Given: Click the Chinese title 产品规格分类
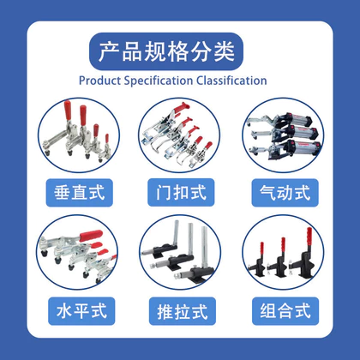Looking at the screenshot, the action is coord(166,51).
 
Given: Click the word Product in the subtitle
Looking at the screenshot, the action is coord(99,81).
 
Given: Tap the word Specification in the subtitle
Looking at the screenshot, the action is coord(159,81).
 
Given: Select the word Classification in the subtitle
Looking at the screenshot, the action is coord(231,81).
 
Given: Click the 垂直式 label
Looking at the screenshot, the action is coord(80,193).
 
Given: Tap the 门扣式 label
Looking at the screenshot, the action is coord(181,192).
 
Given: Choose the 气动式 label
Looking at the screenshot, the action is coord(285,193).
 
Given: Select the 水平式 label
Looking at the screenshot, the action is coord(81,311).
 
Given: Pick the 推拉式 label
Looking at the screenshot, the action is coord(183,311).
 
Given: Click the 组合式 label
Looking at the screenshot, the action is coord(285,311).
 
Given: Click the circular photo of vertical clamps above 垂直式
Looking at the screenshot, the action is coord(79,135).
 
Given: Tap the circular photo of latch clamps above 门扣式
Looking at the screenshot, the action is coord(179,135).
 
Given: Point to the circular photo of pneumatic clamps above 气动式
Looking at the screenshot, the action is coord(283,135).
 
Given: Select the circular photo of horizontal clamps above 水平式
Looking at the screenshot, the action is coord(77,253).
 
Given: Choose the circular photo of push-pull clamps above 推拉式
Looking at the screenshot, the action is coord(180,253).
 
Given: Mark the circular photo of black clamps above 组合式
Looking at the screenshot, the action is coord(283,253).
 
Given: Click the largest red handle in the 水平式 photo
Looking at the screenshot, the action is coord(91,236).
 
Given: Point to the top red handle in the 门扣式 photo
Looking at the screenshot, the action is coord(182,108).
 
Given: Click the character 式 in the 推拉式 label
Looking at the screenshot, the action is coord(200,311).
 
